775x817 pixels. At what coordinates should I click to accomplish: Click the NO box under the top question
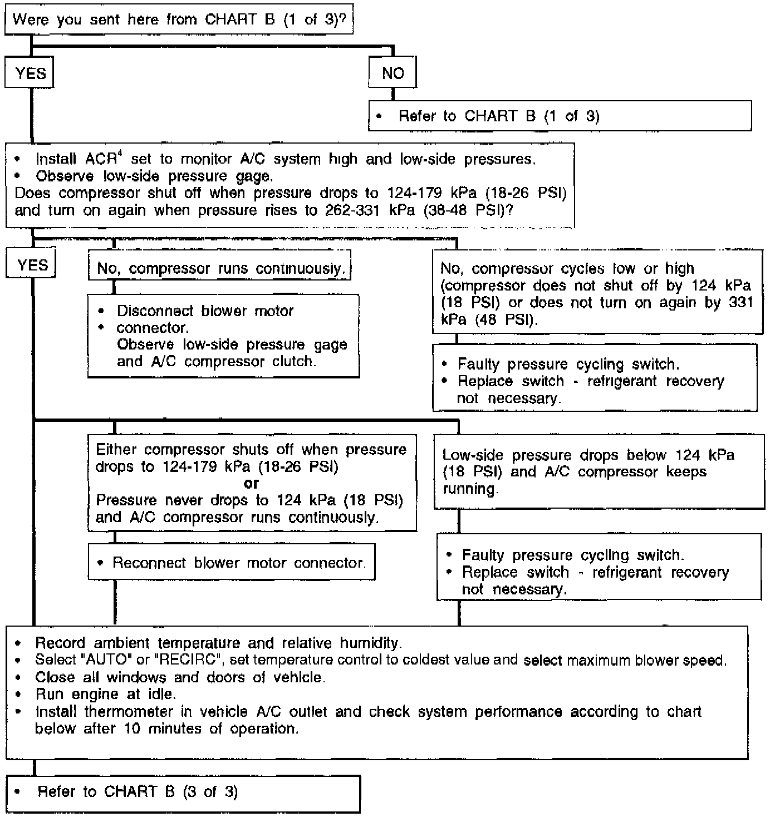[393, 73]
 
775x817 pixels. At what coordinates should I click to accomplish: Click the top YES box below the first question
[30, 73]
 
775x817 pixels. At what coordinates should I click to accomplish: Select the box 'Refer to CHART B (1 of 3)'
[560, 116]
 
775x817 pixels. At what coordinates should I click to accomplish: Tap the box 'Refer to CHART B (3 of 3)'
[183, 792]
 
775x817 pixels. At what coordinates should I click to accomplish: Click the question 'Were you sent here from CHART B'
[179, 20]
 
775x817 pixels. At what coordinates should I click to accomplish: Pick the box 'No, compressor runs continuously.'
[220, 269]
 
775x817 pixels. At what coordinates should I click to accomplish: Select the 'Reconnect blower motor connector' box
[232, 563]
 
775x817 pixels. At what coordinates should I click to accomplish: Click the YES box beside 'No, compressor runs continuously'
[32, 265]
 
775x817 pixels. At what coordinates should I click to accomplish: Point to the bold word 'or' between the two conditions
[251, 483]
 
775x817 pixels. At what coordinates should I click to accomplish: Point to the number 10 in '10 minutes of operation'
[132, 729]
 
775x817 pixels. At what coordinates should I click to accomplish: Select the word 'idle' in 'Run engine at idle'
[161, 694]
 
